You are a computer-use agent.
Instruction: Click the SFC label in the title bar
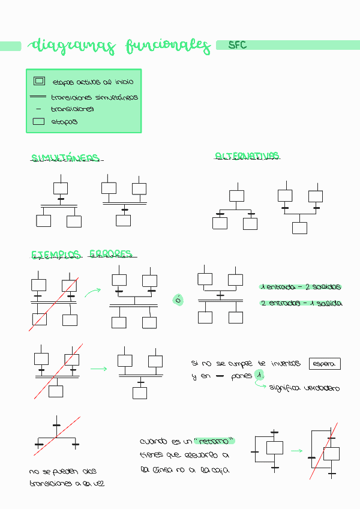[238, 45]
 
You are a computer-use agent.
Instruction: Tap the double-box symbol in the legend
[40, 81]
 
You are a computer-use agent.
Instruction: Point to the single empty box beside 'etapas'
[38, 121]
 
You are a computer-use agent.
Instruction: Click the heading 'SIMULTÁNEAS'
[65, 158]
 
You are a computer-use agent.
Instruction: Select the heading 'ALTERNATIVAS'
[247, 156]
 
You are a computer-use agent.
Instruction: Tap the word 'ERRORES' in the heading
[110, 254]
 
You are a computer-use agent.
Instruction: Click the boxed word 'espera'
[325, 364]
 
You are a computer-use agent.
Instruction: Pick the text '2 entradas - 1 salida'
[301, 303]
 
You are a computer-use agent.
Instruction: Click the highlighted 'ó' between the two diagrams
[178, 299]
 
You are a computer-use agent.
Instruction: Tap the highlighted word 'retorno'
[214, 441]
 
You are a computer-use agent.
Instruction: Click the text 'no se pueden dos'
[62, 471]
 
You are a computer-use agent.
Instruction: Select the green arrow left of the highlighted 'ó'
[92, 292]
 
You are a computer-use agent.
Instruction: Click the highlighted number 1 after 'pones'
[259, 375]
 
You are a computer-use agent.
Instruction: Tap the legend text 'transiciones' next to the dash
[72, 109]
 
